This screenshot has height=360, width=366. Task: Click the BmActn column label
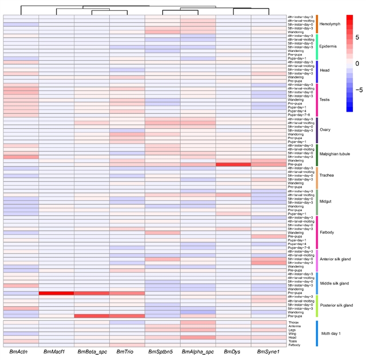click(20, 351)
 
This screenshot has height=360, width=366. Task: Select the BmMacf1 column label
click(55, 351)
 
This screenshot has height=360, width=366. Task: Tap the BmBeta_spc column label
click(91, 351)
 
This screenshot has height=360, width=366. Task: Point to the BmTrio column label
click(126, 351)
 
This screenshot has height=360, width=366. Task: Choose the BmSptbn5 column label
click(162, 351)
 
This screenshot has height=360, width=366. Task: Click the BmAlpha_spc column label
click(198, 351)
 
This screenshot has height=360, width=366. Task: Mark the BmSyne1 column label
click(268, 351)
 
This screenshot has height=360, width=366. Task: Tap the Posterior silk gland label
click(340, 306)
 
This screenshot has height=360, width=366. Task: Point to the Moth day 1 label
click(335, 334)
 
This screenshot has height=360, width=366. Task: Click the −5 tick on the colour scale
click(359, 90)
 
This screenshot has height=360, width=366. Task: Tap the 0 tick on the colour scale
click(357, 63)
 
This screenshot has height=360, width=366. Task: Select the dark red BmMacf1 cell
click(55, 293)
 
